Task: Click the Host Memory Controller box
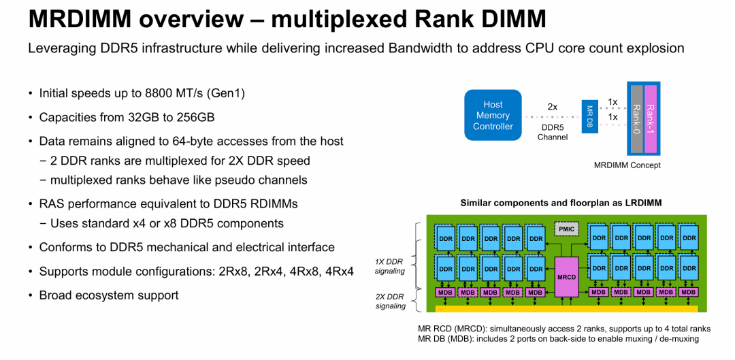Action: point(493,115)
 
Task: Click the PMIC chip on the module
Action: point(566,229)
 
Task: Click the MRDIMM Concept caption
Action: point(627,165)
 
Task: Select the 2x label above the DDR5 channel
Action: point(553,107)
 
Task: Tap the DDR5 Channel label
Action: point(553,132)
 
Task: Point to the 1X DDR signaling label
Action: point(390,266)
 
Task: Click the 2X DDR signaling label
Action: point(390,301)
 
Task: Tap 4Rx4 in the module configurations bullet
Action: point(340,271)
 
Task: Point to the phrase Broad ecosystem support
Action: point(109,295)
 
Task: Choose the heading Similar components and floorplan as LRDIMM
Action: point(561,203)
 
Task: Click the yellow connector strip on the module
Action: point(566,308)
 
